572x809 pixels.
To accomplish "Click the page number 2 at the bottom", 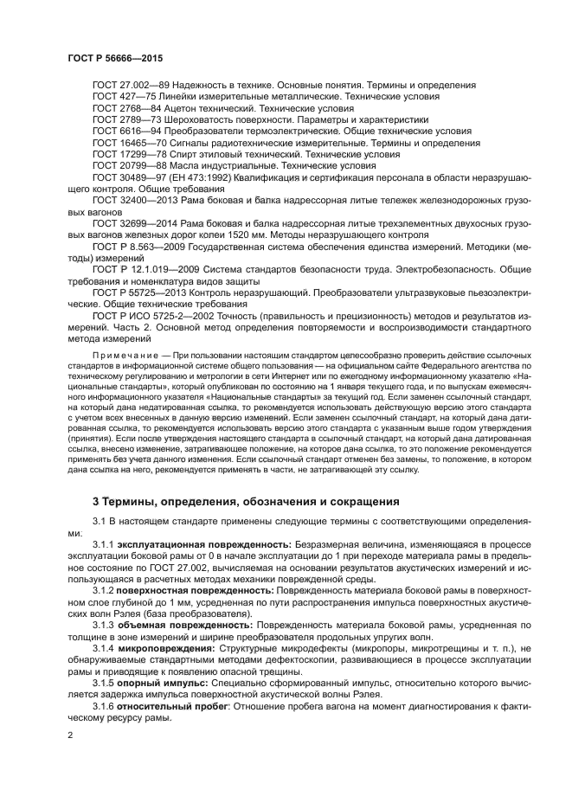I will pos(70,735).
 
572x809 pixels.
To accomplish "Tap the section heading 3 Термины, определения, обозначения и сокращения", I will pos(246,501).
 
